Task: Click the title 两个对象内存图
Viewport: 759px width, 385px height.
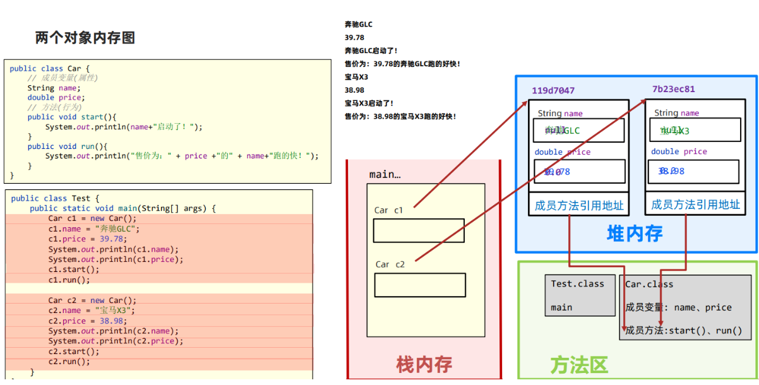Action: (85, 38)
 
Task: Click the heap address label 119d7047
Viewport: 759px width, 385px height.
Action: (553, 91)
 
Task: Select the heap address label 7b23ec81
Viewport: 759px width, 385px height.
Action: (673, 89)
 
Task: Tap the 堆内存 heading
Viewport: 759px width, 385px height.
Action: (635, 234)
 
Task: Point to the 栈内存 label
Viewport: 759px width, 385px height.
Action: (424, 364)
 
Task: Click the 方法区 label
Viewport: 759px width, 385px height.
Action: (579, 365)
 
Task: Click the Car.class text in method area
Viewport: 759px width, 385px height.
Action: (649, 284)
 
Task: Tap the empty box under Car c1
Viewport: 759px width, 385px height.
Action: (419, 231)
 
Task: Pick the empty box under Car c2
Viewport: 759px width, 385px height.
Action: (420, 285)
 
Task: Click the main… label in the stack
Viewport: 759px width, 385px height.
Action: (385, 174)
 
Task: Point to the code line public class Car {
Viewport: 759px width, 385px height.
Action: (50, 68)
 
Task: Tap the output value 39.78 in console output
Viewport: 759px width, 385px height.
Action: (354, 37)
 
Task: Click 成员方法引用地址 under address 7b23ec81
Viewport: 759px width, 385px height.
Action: (695, 204)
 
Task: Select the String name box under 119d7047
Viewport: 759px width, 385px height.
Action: (578, 131)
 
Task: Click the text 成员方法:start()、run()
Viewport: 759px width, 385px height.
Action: (683, 331)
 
